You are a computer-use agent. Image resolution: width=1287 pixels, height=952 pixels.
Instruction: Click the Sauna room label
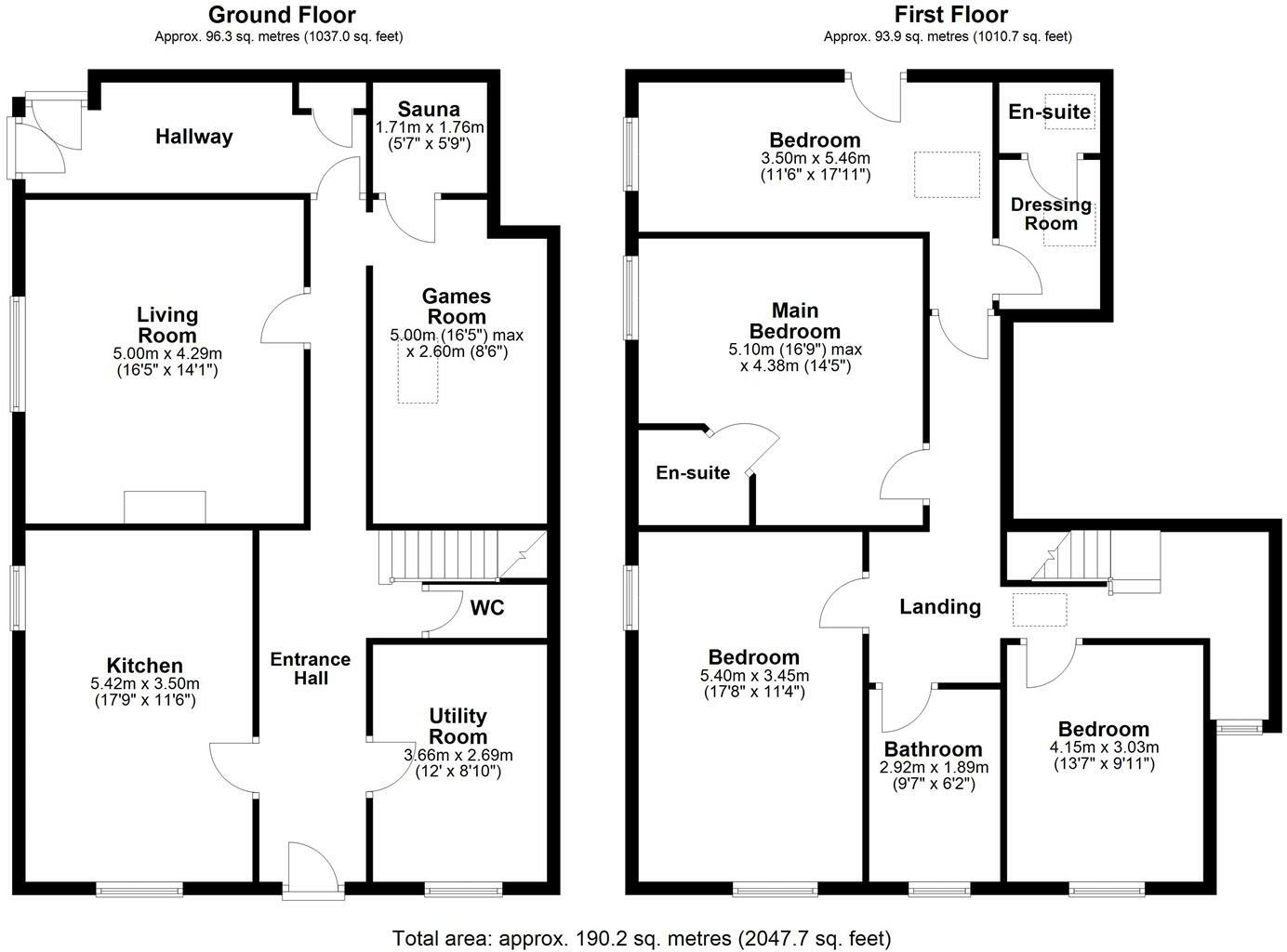(x=429, y=110)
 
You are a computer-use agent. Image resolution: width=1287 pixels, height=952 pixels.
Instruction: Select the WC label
(x=487, y=608)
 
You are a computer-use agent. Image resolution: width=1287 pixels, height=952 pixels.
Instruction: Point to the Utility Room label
(x=458, y=726)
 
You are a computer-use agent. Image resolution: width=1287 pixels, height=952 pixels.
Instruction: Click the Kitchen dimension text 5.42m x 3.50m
(x=144, y=684)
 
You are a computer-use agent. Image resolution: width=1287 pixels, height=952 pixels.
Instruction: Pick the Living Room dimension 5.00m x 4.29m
(x=167, y=354)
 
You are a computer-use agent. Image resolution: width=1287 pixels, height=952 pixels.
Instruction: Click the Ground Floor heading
(x=281, y=15)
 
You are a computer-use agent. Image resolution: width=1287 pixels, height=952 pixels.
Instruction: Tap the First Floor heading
(x=950, y=15)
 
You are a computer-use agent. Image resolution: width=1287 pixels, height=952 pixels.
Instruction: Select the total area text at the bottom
(x=642, y=938)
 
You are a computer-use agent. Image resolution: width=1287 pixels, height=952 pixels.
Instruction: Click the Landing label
(x=939, y=607)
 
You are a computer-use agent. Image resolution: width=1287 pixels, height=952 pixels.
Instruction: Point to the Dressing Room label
(x=1051, y=214)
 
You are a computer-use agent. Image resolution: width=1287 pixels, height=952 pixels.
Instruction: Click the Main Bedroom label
(x=794, y=320)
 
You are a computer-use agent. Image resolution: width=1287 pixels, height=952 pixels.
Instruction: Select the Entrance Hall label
(x=311, y=668)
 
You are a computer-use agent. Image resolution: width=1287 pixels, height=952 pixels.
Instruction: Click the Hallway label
(x=193, y=137)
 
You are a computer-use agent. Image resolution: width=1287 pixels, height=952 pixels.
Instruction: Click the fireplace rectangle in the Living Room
(x=165, y=507)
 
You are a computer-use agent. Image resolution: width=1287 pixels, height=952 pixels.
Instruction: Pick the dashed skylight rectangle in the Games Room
(x=418, y=379)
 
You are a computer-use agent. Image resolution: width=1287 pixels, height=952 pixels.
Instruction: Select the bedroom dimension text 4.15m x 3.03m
(x=1104, y=747)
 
